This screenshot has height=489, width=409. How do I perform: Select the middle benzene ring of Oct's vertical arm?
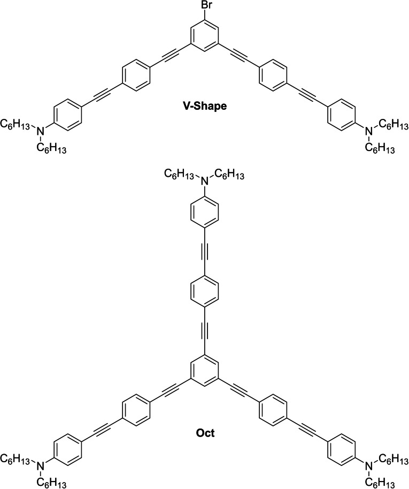[205, 294]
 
